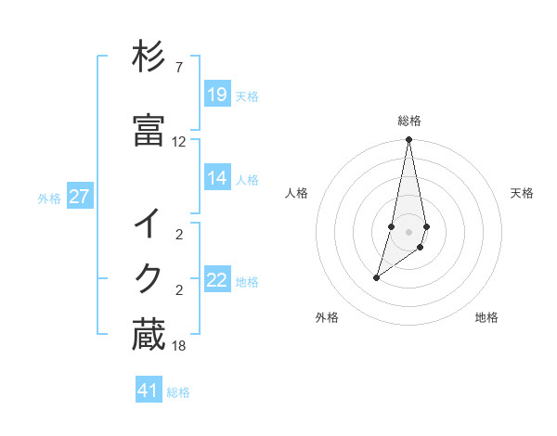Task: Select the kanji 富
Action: (149, 130)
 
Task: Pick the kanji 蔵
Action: (149, 335)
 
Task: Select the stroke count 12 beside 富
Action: (178, 142)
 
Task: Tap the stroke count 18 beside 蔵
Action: (178, 346)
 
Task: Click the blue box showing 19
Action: (217, 94)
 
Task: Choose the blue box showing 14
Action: (217, 177)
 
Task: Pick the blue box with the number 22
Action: (217, 280)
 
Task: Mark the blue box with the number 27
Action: (80, 197)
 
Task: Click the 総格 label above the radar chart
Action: (409, 121)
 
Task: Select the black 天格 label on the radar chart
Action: (523, 193)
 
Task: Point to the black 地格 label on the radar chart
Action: (486, 317)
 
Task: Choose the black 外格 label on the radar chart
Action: (327, 317)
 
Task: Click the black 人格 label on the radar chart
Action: (296, 193)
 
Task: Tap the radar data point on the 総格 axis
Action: (408, 139)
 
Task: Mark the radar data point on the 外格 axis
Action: (376, 277)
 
